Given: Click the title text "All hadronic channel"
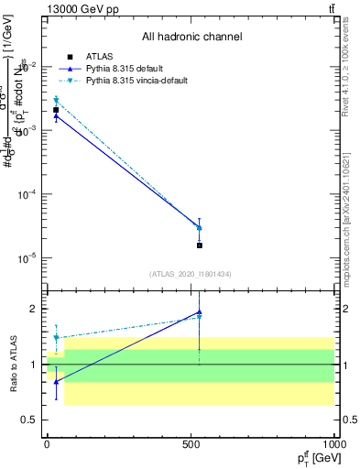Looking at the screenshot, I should click(191, 38).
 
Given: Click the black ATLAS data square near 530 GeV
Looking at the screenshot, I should click(199, 245).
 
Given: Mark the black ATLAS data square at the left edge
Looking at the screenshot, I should click(56, 110).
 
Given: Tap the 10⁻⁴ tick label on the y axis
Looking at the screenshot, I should click(26, 195).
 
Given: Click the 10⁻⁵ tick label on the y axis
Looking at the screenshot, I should click(26, 258).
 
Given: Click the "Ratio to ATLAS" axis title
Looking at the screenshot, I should click(14, 364).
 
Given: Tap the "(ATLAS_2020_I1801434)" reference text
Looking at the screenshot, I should click(191, 274).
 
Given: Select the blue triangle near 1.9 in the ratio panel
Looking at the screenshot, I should click(199, 313).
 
